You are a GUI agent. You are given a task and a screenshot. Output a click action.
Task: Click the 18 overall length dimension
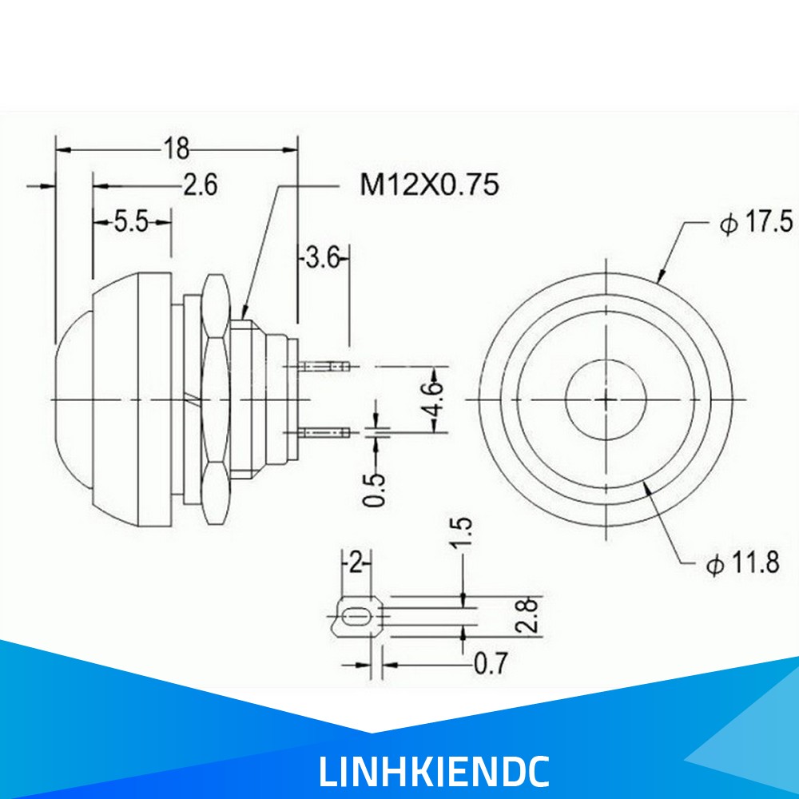tap(176, 149)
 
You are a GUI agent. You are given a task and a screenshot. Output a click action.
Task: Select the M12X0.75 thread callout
tap(429, 185)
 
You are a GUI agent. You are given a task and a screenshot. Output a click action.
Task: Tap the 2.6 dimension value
tap(201, 185)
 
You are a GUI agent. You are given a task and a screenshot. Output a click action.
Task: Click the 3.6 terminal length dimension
tap(322, 258)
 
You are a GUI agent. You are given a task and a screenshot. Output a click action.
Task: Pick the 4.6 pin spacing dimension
tap(435, 399)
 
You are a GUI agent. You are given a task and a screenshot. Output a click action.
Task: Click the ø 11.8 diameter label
tap(742, 563)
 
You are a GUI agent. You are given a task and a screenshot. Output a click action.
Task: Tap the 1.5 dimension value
tap(462, 533)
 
